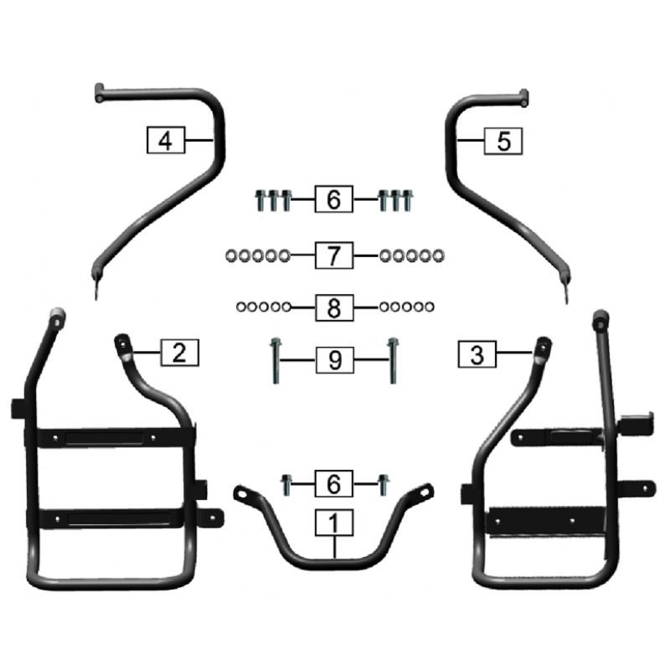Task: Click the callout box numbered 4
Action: (166, 140)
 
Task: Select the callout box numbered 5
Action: (503, 141)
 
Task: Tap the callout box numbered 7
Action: (333, 255)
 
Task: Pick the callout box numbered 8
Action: (334, 307)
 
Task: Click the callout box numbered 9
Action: (334, 360)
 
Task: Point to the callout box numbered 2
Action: (179, 353)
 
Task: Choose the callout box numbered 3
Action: (477, 354)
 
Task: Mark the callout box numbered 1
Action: (333, 523)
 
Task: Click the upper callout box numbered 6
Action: (333, 199)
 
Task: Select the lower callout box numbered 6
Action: (333, 483)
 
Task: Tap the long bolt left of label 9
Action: (276, 361)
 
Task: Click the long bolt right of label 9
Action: (393, 361)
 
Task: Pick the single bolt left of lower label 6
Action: (286, 485)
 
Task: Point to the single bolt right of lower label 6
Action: (384, 485)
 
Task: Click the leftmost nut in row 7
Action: (231, 256)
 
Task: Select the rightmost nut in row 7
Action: (438, 256)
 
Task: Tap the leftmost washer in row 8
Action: (241, 307)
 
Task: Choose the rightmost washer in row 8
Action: (429, 307)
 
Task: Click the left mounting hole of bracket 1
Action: (242, 494)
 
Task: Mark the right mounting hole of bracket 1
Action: (425, 492)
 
